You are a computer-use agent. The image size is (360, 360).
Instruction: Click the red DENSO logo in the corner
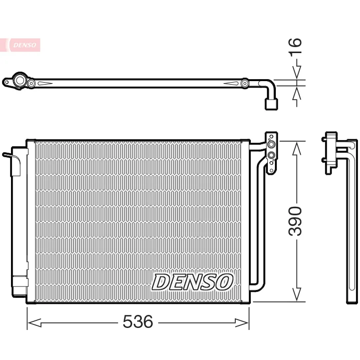(x=20, y=45)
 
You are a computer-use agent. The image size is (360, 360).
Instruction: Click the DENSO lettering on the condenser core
(x=192, y=282)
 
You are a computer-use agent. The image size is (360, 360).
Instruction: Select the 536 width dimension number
(x=138, y=321)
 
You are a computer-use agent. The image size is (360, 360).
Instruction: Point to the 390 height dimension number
(x=295, y=221)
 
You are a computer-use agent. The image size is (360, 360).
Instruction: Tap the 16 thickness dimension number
(x=295, y=47)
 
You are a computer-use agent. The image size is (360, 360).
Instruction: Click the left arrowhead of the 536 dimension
(x=35, y=323)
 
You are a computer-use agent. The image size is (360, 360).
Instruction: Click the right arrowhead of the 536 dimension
(x=242, y=323)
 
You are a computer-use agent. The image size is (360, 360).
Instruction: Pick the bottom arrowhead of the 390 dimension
(x=296, y=294)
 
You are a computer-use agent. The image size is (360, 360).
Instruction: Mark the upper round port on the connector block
(x=271, y=144)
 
